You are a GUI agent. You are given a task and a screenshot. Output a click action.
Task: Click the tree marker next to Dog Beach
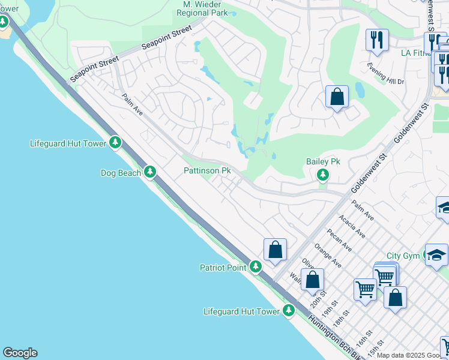[150, 173]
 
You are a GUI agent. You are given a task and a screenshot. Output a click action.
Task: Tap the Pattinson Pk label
[207, 171]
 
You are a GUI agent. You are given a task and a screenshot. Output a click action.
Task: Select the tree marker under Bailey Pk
[323, 175]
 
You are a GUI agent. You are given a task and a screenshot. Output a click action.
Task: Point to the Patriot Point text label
[223, 267]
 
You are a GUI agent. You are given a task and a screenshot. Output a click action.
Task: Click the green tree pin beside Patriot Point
[256, 266]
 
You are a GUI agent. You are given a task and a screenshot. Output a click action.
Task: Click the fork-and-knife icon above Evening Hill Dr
[377, 40]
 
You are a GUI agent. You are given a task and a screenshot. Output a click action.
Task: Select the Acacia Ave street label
[352, 227]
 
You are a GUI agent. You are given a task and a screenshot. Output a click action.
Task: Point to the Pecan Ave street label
[340, 239]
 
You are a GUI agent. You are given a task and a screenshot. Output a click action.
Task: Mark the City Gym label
[403, 256]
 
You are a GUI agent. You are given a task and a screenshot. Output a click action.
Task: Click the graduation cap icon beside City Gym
[436, 255]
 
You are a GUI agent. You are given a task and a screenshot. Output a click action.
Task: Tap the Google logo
[20, 353]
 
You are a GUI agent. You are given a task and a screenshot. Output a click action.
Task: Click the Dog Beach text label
[121, 173]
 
